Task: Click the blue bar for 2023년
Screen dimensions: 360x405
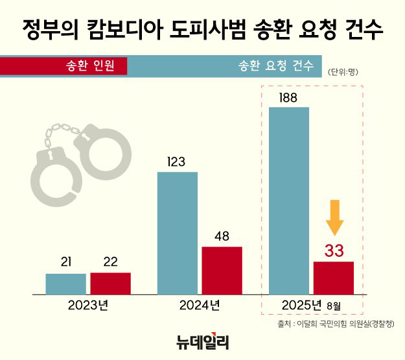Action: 65,284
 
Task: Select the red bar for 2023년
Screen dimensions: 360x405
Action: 110,283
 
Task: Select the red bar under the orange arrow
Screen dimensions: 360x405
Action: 333,278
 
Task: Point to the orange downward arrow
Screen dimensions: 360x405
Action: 334,217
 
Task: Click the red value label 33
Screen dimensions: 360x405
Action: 334,250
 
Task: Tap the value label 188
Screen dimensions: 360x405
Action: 288,98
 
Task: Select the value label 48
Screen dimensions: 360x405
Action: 222,237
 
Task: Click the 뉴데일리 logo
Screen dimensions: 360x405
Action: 202,341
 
